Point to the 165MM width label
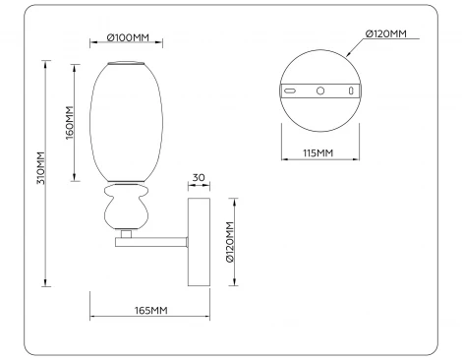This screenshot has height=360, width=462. (149, 311)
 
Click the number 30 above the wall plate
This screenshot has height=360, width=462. (199, 178)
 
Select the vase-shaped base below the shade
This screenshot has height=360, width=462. (124, 210)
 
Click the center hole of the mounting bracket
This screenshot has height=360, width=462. (319, 90)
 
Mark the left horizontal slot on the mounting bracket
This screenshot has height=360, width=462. (292, 90)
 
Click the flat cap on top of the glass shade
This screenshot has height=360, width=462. (122, 65)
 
